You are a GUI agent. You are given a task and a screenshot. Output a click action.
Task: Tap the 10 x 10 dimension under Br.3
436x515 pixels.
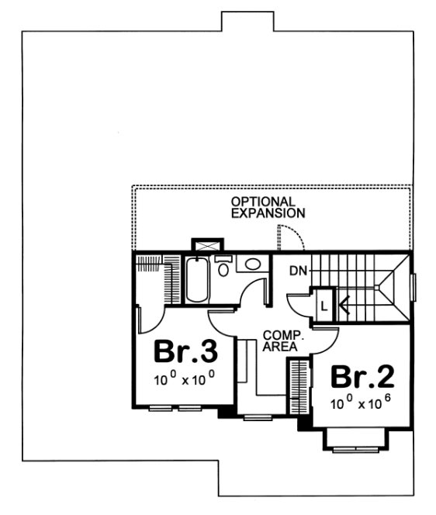coord(184,379)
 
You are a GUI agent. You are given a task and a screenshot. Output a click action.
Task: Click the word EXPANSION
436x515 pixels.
coord(268,212)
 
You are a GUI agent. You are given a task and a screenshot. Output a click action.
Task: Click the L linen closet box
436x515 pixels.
coord(322,304)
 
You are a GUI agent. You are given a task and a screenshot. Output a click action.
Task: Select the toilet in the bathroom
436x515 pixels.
coord(223,268)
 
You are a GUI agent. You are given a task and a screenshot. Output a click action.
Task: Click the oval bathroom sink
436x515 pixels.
coord(253,264)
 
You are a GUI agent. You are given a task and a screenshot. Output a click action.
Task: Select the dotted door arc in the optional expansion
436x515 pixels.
coord(289,235)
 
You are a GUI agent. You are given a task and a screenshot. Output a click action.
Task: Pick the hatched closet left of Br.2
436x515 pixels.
coord(298,384)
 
